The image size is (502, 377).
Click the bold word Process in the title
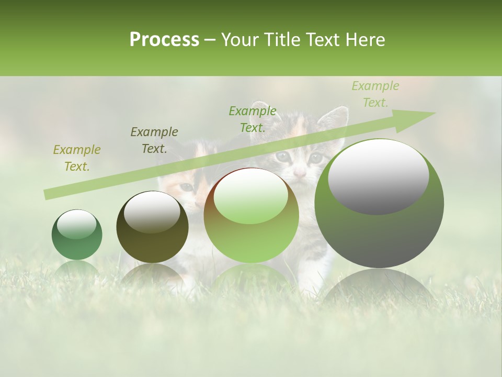point(164,40)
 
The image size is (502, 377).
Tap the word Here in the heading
point(366,40)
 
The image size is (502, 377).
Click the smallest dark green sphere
point(77,235)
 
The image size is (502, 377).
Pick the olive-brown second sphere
point(152,227)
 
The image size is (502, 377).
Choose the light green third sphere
point(251,215)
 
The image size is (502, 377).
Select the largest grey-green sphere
point(379,203)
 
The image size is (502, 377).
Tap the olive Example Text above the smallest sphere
point(76,158)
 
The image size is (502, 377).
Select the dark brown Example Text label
point(154,140)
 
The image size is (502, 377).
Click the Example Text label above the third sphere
point(252,119)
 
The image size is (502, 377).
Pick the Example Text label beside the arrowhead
point(375,94)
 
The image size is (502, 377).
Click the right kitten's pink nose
point(299,172)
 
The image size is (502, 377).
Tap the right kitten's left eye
point(282,156)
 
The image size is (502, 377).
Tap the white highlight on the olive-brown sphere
point(152,212)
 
